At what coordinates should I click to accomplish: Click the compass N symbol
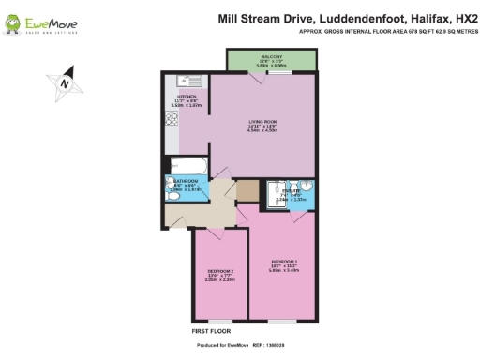click(x=63, y=82)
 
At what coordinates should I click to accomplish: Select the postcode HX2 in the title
click(x=455, y=16)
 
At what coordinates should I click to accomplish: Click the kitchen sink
click(x=184, y=82)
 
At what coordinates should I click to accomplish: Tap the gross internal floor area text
click(x=384, y=31)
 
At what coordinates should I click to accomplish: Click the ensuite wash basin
click(x=306, y=187)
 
